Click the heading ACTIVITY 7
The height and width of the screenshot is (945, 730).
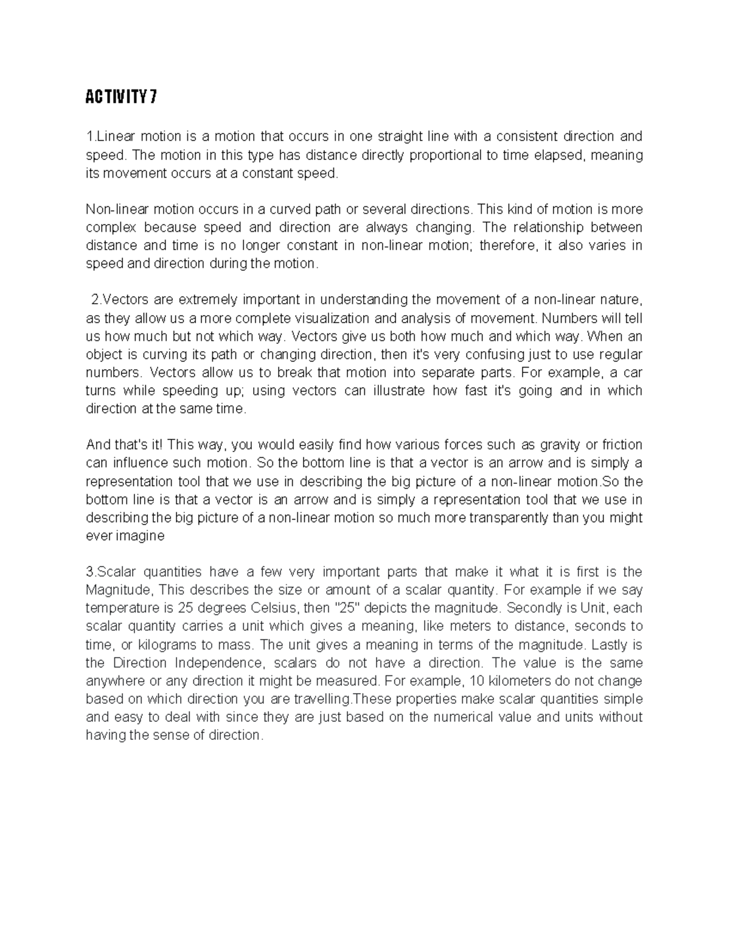click(x=121, y=97)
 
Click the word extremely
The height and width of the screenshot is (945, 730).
click(x=207, y=300)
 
